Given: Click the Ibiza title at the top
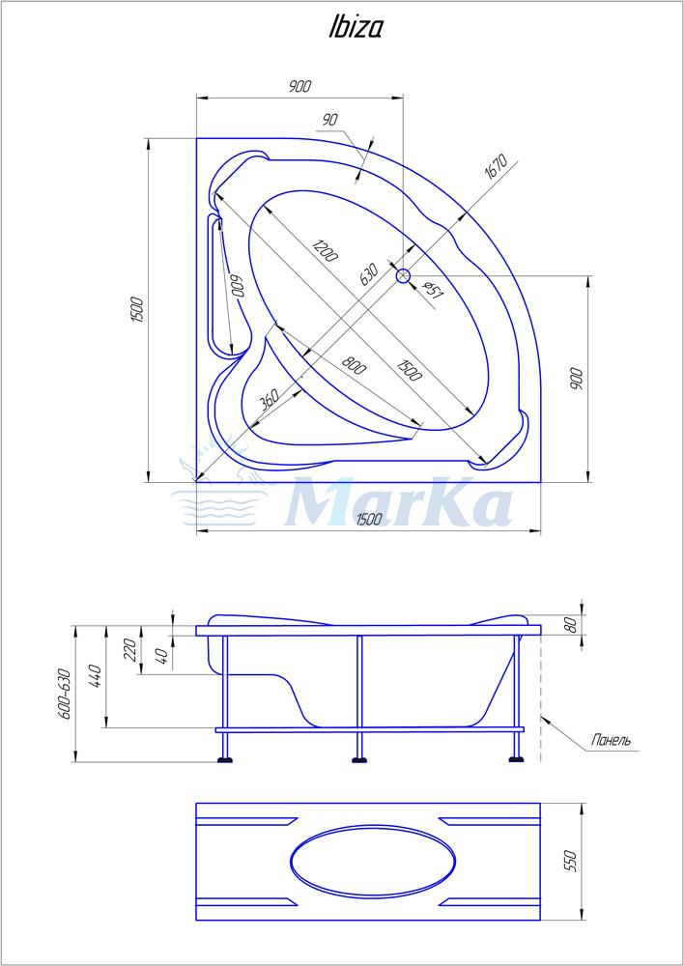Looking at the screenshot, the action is point(355,28).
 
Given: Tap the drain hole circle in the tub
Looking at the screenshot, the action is point(403,276).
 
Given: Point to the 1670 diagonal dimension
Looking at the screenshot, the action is point(495,166).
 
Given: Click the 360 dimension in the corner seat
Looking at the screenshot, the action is point(270,400).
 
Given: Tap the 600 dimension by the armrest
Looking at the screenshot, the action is point(238,285).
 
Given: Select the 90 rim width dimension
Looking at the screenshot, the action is point(330,120).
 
